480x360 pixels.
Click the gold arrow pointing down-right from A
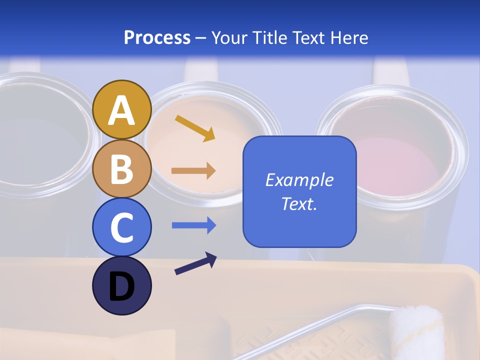pos(195,127)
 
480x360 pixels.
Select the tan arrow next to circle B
pos(193,171)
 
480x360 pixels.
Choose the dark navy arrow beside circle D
pos(195,263)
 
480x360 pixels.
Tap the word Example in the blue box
pos(299,180)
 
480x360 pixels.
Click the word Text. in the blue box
pos(299,204)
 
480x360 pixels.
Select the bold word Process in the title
pos(157,37)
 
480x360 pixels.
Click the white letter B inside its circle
pos(121,169)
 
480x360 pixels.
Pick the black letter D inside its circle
pos(121,287)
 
